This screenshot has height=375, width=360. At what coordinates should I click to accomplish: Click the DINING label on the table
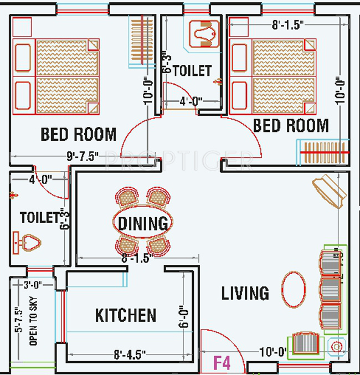143,224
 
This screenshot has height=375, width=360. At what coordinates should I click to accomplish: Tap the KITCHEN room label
126,316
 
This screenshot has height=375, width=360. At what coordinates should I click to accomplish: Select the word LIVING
245,293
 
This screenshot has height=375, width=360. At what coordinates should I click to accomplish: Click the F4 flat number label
222,363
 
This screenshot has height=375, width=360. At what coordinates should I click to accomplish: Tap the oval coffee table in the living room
293,289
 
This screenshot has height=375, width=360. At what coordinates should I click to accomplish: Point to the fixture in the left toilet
27,242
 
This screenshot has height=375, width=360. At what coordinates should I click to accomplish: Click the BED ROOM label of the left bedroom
79,135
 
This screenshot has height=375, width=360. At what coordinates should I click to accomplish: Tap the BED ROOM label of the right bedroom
291,126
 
